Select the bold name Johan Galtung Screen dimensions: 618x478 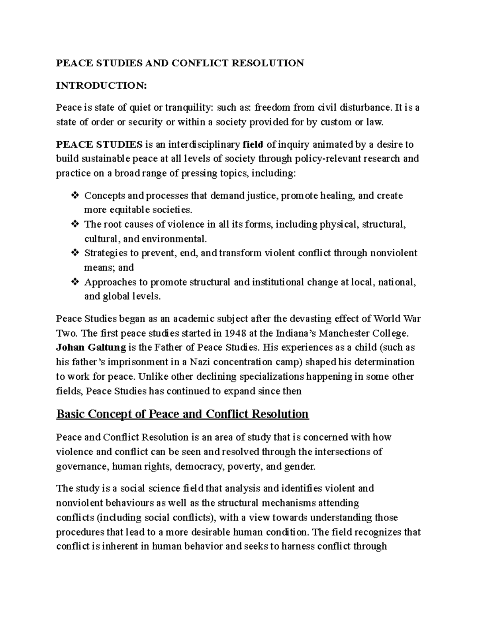[91, 347]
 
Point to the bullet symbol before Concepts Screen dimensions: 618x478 [74, 195]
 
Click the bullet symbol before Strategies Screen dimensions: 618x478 [74, 253]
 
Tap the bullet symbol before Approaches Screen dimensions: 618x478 [74, 282]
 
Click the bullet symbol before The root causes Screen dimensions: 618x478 [74, 224]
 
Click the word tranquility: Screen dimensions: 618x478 [189, 107]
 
